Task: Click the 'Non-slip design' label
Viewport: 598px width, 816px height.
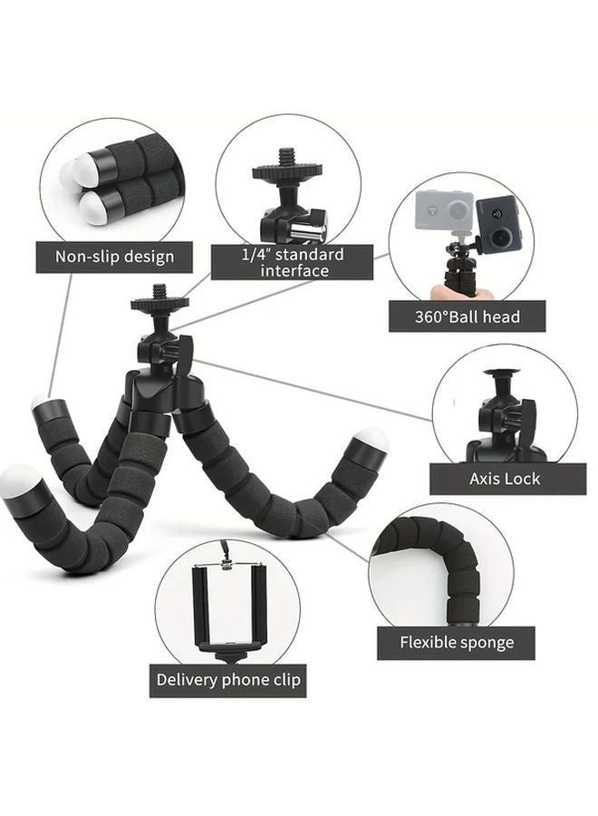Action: click(114, 257)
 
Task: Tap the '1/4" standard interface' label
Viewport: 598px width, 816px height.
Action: click(291, 261)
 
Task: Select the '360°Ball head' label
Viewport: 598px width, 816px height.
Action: click(468, 316)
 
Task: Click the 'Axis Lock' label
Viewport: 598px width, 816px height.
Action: click(505, 478)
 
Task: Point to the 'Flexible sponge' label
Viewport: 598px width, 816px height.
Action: click(457, 642)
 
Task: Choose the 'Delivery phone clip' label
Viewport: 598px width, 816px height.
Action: click(228, 679)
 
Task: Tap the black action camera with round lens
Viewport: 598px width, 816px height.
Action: click(496, 223)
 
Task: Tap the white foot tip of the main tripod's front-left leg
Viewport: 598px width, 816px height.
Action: click(20, 479)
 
